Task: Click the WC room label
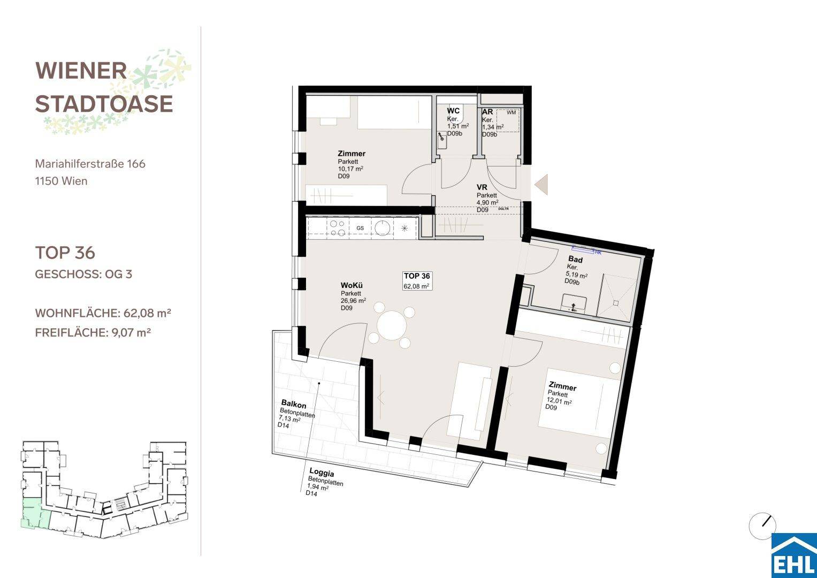[x=453, y=111]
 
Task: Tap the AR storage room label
[x=487, y=112]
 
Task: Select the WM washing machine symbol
[x=511, y=113]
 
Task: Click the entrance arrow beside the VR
[x=541, y=185]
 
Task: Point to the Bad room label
[x=576, y=260]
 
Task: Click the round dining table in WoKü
[x=392, y=325]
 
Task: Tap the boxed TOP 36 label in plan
[x=417, y=280]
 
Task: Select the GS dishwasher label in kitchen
[x=360, y=228]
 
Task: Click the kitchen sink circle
[x=382, y=228]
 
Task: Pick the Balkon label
[x=294, y=404]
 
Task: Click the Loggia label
[x=322, y=472]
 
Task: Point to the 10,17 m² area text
[x=350, y=169]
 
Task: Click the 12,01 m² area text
[x=559, y=401]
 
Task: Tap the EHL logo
[x=794, y=556]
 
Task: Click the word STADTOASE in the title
[x=104, y=104]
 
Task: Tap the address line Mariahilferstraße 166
[x=90, y=164]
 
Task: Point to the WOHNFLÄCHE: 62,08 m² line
[x=103, y=313]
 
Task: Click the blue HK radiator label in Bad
[x=598, y=252]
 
